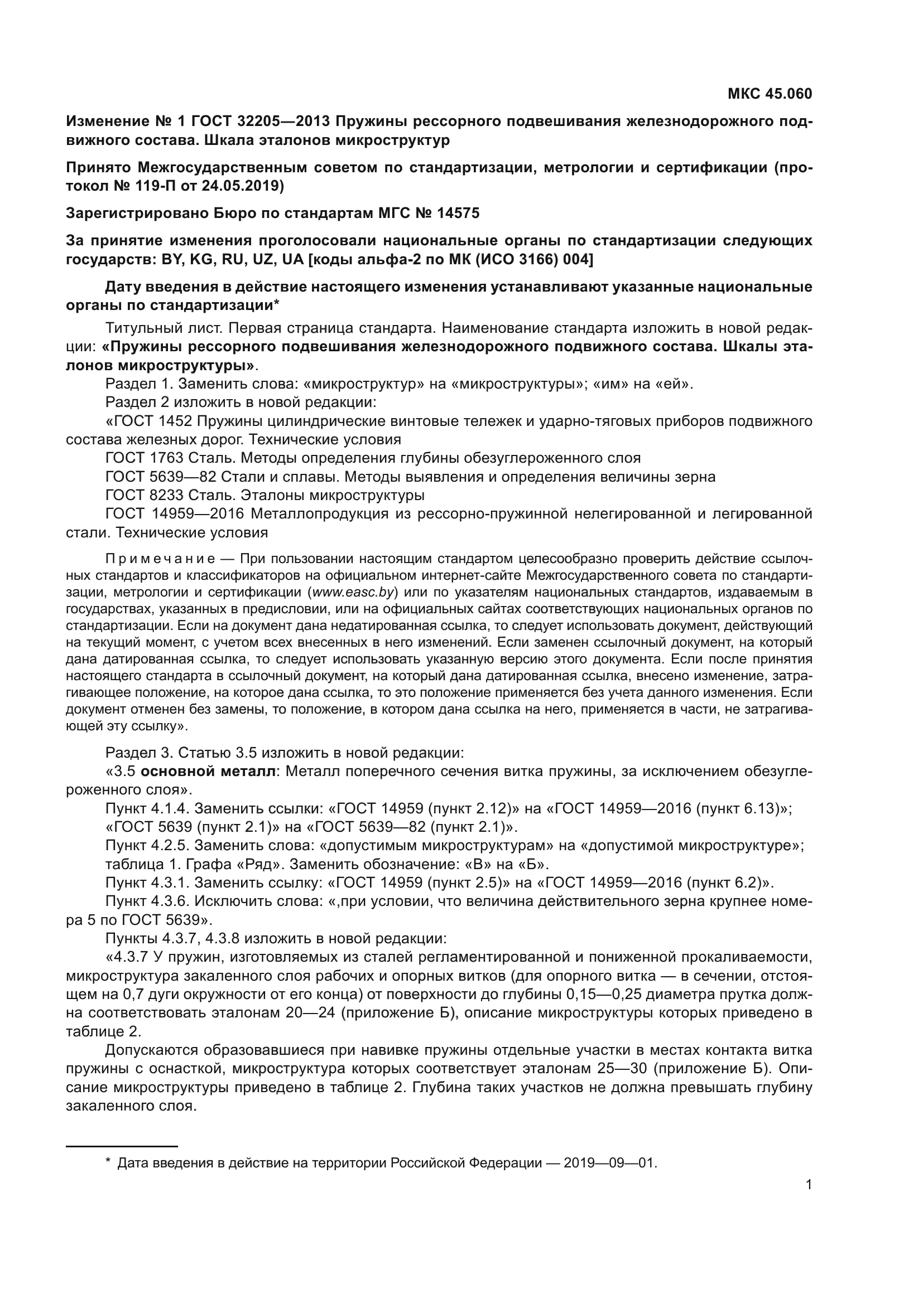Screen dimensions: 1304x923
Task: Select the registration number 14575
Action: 458,213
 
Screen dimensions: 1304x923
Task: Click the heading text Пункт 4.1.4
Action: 147,808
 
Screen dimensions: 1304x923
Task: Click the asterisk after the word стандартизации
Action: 276,303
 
